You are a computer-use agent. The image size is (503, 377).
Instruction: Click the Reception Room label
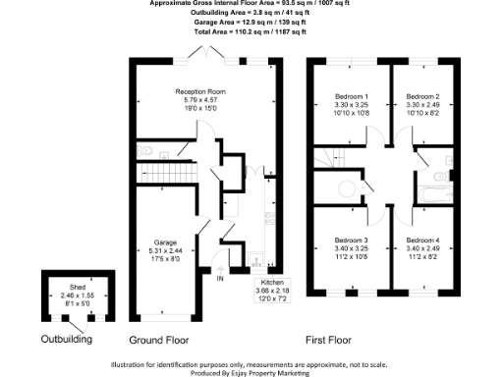(202, 91)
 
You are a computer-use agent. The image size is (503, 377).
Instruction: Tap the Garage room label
(165, 241)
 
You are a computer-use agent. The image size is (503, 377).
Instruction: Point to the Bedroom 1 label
(351, 96)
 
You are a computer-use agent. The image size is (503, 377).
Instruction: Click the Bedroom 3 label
(351, 241)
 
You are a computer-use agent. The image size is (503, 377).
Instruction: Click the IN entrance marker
(220, 279)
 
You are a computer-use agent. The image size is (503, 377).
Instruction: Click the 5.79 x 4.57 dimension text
(202, 100)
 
